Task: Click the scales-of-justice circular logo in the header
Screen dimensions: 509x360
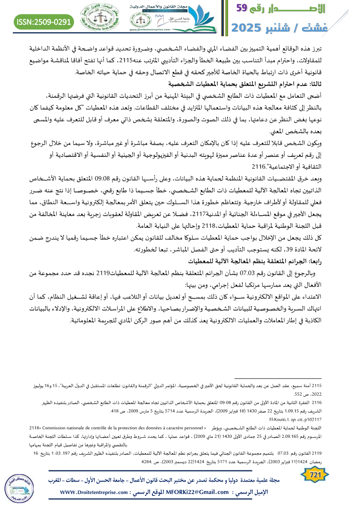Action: click(101, 18)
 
